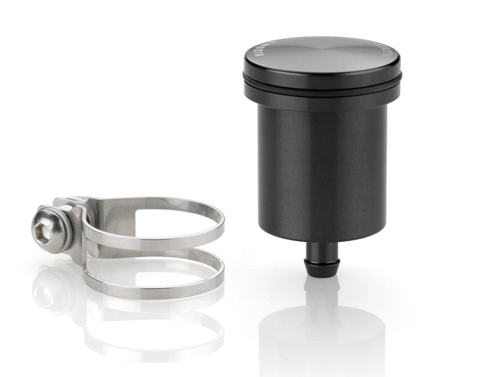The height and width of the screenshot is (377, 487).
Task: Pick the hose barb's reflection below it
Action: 322,289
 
